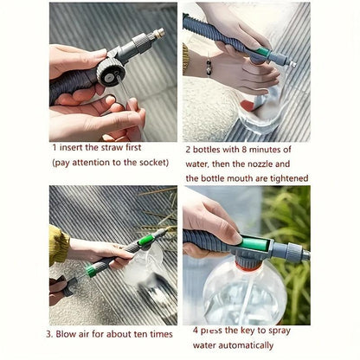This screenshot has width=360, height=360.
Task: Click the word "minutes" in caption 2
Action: pos(275,147)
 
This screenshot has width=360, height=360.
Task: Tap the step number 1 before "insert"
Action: pos(55,147)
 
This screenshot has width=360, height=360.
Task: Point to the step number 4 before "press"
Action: pos(195,329)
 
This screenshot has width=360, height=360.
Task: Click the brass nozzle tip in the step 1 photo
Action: pos(158,32)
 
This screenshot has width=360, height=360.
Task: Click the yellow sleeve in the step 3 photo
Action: pos(58,246)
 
